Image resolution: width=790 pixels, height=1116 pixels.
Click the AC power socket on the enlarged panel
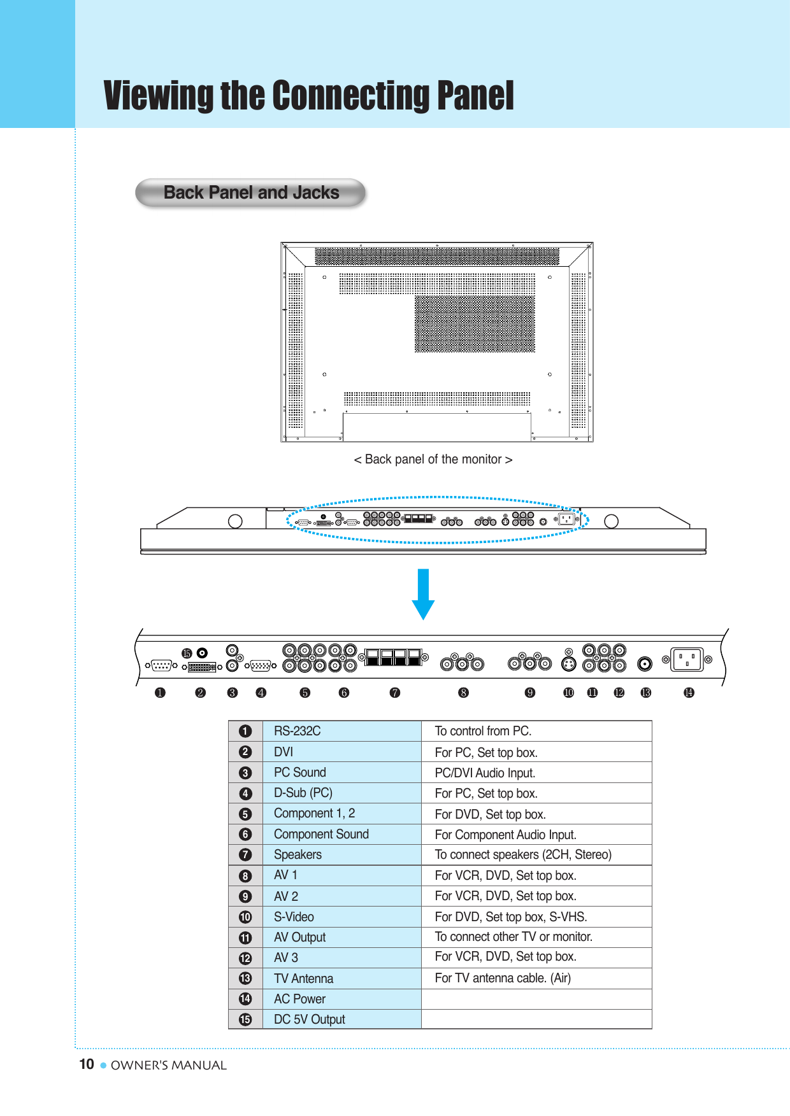pyautogui.click(x=687, y=660)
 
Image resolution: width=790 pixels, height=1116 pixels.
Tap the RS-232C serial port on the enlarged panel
pyautogui.click(x=161, y=665)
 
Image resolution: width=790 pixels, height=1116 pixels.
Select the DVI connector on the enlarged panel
pyautogui.click(x=202, y=667)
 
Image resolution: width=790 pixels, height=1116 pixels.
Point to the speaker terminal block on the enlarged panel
pyautogui.click(x=394, y=657)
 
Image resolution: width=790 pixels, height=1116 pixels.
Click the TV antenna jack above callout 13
pyautogui.click(x=645, y=664)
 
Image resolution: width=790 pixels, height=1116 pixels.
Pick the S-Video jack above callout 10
pyautogui.click(x=568, y=664)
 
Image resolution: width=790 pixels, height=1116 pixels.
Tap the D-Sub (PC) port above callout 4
pyautogui.click(x=261, y=666)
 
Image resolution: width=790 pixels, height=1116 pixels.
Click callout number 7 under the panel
pyautogui.click(x=395, y=693)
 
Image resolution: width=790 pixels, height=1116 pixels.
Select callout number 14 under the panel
pyautogui.click(x=689, y=693)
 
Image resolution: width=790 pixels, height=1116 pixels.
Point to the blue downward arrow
pyautogui.click(x=423, y=594)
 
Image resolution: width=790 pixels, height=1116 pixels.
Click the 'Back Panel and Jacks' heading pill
pyautogui.click(x=251, y=193)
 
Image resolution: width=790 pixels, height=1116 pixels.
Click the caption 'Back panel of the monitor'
pyautogui.click(x=433, y=460)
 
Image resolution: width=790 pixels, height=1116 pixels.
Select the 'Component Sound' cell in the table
pyautogui.click(x=321, y=834)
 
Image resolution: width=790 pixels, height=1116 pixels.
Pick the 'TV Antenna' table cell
pyautogui.click(x=303, y=978)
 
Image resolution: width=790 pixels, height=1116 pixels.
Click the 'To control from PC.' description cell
pyautogui.click(x=483, y=731)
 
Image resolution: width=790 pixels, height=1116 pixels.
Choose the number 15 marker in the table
pyautogui.click(x=245, y=1019)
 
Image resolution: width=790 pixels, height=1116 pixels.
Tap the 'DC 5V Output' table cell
pyautogui.click(x=310, y=1019)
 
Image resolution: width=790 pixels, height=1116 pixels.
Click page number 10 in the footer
pyautogui.click(x=87, y=1064)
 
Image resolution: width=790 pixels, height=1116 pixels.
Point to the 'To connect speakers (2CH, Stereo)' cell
pyautogui.click(x=523, y=854)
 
